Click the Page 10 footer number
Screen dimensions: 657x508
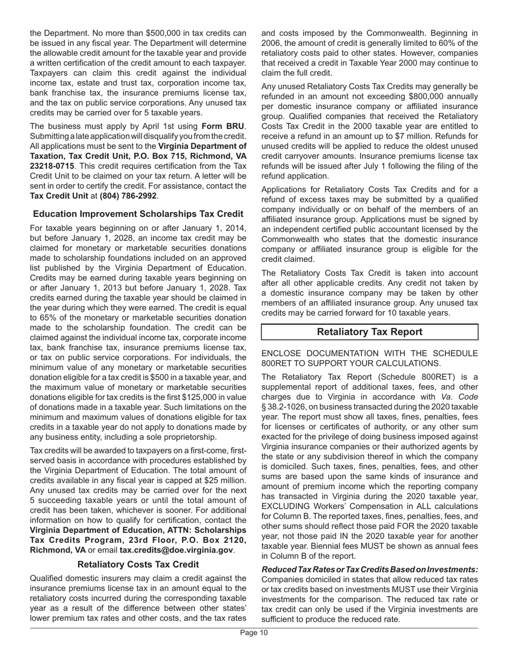click(253, 633)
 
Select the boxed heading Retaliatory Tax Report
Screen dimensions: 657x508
click(370, 332)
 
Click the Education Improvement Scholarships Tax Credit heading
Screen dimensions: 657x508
click(138, 214)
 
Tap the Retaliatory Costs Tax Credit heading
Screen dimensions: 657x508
click(138, 564)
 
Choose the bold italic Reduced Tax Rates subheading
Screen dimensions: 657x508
click(370, 569)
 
